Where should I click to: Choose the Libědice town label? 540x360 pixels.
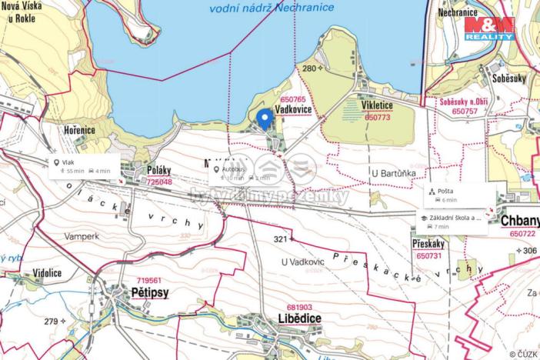click(289, 317)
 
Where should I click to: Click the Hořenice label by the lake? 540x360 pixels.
click(79, 130)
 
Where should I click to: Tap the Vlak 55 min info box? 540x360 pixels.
click(82, 167)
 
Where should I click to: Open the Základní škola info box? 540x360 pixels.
click(455, 222)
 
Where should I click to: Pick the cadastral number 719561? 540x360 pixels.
click(149, 281)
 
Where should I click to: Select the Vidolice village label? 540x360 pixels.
click(48, 273)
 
